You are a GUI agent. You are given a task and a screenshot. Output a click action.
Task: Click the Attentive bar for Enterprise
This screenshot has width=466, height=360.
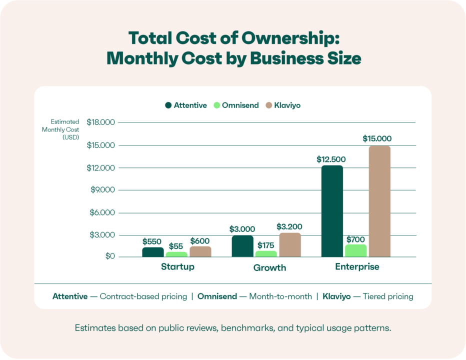(332, 211)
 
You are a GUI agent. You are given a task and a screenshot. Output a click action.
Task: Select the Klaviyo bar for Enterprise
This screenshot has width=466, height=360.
(379, 201)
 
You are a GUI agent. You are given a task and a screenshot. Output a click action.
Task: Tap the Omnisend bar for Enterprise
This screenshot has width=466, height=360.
(355, 250)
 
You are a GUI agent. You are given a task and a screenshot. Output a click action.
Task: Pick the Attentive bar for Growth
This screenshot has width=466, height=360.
(242, 246)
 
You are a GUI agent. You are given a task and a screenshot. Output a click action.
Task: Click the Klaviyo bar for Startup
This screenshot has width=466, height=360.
(200, 251)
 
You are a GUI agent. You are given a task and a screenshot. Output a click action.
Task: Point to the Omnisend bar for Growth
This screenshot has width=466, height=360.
(266, 253)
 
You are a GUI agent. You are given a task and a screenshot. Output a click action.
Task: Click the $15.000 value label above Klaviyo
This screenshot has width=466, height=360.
(377, 138)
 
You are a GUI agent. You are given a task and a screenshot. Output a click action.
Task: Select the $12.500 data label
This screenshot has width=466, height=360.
(331, 159)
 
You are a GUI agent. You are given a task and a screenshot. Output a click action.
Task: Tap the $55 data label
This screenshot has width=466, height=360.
(176, 246)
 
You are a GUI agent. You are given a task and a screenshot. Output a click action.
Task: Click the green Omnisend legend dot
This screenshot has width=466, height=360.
(216, 105)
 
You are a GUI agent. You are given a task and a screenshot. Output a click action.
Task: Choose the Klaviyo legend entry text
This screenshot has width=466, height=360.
(287, 105)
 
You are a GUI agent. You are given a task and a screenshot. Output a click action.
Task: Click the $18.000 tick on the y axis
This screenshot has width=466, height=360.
(100, 122)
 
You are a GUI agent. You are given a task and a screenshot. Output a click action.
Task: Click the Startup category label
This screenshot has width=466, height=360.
(177, 266)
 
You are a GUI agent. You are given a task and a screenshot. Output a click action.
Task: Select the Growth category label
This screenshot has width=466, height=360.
(269, 267)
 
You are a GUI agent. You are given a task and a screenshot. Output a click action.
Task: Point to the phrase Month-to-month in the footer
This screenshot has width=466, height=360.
(280, 296)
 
